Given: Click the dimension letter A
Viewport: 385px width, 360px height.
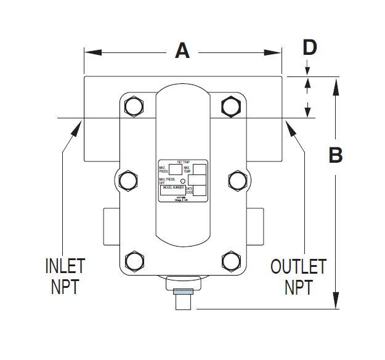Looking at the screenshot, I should [182, 51].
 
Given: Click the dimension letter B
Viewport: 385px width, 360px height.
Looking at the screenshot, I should [336, 155].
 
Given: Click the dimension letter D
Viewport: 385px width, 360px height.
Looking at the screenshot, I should [310, 47].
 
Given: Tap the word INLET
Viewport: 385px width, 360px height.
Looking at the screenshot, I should [65, 267].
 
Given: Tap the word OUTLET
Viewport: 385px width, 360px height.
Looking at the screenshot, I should [299, 267].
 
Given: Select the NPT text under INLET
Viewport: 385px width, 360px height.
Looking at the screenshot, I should [65, 287].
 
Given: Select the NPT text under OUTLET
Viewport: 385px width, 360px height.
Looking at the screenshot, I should [299, 287].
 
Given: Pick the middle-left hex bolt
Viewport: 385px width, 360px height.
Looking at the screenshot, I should [128, 180].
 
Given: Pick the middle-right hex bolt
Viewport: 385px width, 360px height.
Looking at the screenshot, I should [237, 180].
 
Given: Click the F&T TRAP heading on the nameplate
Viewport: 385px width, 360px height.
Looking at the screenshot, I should [182, 161].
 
